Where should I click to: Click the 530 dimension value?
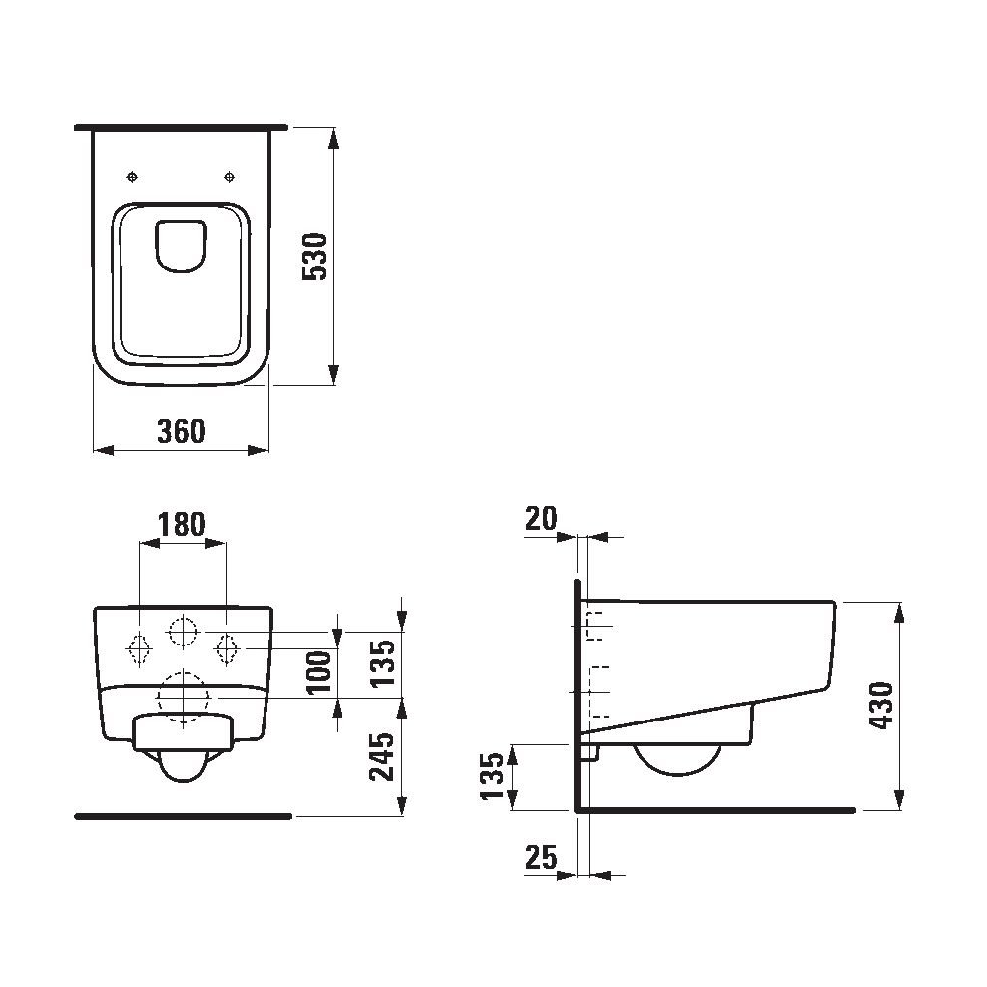click(x=314, y=257)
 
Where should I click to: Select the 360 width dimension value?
click(x=181, y=431)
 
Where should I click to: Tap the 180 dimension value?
click(x=184, y=524)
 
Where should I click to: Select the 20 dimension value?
click(x=541, y=519)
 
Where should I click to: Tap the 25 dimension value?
click(x=541, y=859)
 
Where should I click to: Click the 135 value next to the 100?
click(x=383, y=663)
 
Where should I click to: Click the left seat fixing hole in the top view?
click(x=134, y=177)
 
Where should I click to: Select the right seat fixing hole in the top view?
click(x=230, y=177)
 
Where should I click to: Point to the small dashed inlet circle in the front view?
click(x=184, y=631)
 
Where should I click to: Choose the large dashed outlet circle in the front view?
click(x=184, y=697)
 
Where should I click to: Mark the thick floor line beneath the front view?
click(x=184, y=816)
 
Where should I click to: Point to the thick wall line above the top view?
click(x=181, y=128)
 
